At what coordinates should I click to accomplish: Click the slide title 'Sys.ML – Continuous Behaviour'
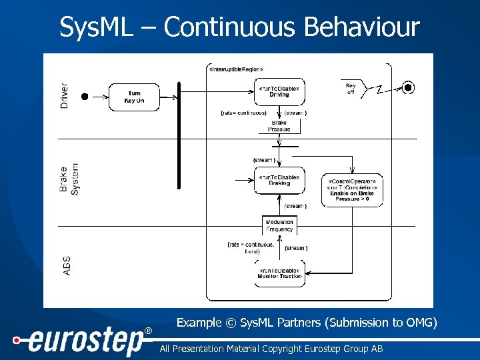pos(239,27)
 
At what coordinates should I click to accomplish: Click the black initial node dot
pos(85,97)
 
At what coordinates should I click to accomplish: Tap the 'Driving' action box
pos(279,91)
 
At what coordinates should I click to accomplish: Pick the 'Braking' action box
pos(279,180)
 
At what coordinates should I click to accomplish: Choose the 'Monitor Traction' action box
pos(279,273)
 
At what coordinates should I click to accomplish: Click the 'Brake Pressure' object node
pos(279,126)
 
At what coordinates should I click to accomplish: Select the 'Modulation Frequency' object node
pos(279,225)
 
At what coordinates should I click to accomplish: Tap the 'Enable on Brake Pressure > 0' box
pos(353,190)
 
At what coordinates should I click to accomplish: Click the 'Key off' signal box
pos(351,89)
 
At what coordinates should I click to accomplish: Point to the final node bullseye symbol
pos(409,87)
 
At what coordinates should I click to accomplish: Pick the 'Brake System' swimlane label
pos(69,179)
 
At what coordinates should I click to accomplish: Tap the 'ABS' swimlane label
pos(66,266)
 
